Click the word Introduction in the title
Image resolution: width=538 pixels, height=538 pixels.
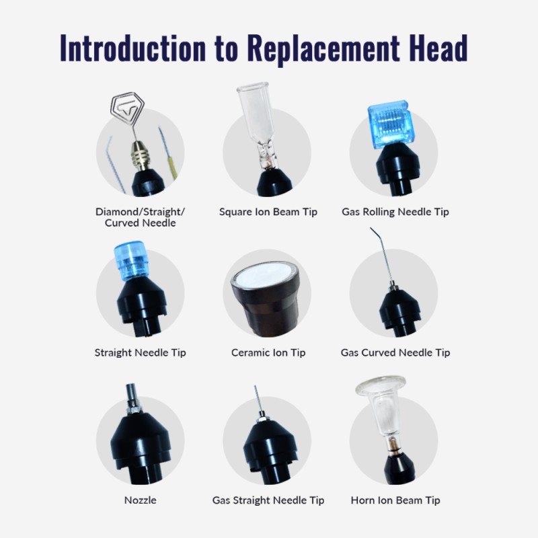[x=132, y=48]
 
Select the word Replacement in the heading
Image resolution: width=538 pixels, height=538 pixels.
[x=323, y=50]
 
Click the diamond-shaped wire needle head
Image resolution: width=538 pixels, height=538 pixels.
[x=127, y=108]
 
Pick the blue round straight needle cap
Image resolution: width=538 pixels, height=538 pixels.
[x=131, y=260]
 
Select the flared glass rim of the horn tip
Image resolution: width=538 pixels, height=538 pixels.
[x=381, y=386]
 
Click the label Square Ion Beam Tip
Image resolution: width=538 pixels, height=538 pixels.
[x=268, y=212]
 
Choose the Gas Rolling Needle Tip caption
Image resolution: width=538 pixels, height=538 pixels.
[x=395, y=212]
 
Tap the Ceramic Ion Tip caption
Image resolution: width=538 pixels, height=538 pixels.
[x=268, y=352]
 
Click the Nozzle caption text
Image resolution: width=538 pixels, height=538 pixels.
[x=141, y=500]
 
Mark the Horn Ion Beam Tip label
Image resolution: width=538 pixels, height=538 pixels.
[x=395, y=500]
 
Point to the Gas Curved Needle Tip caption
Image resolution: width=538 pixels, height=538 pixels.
[x=395, y=352]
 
